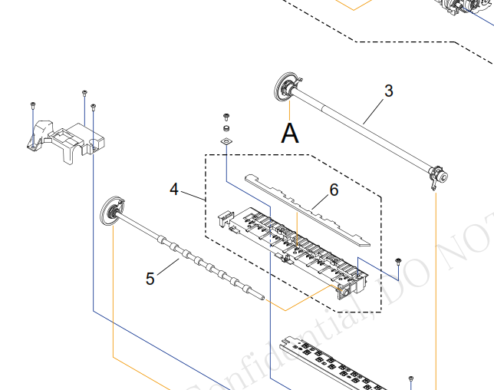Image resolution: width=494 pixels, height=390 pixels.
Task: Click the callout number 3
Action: click(389, 91)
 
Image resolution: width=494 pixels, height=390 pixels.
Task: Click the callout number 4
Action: click(174, 189)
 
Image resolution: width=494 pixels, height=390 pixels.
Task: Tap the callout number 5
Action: click(150, 278)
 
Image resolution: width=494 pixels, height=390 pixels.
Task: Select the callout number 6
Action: click(334, 189)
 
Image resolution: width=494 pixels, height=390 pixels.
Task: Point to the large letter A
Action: click(289, 133)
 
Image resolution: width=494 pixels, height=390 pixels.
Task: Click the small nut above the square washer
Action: click(226, 128)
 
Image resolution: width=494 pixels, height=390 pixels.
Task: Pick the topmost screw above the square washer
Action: click(226, 117)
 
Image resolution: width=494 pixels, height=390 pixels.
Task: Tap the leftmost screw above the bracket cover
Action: click(33, 104)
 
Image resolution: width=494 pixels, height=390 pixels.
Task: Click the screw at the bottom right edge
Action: click(411, 379)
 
